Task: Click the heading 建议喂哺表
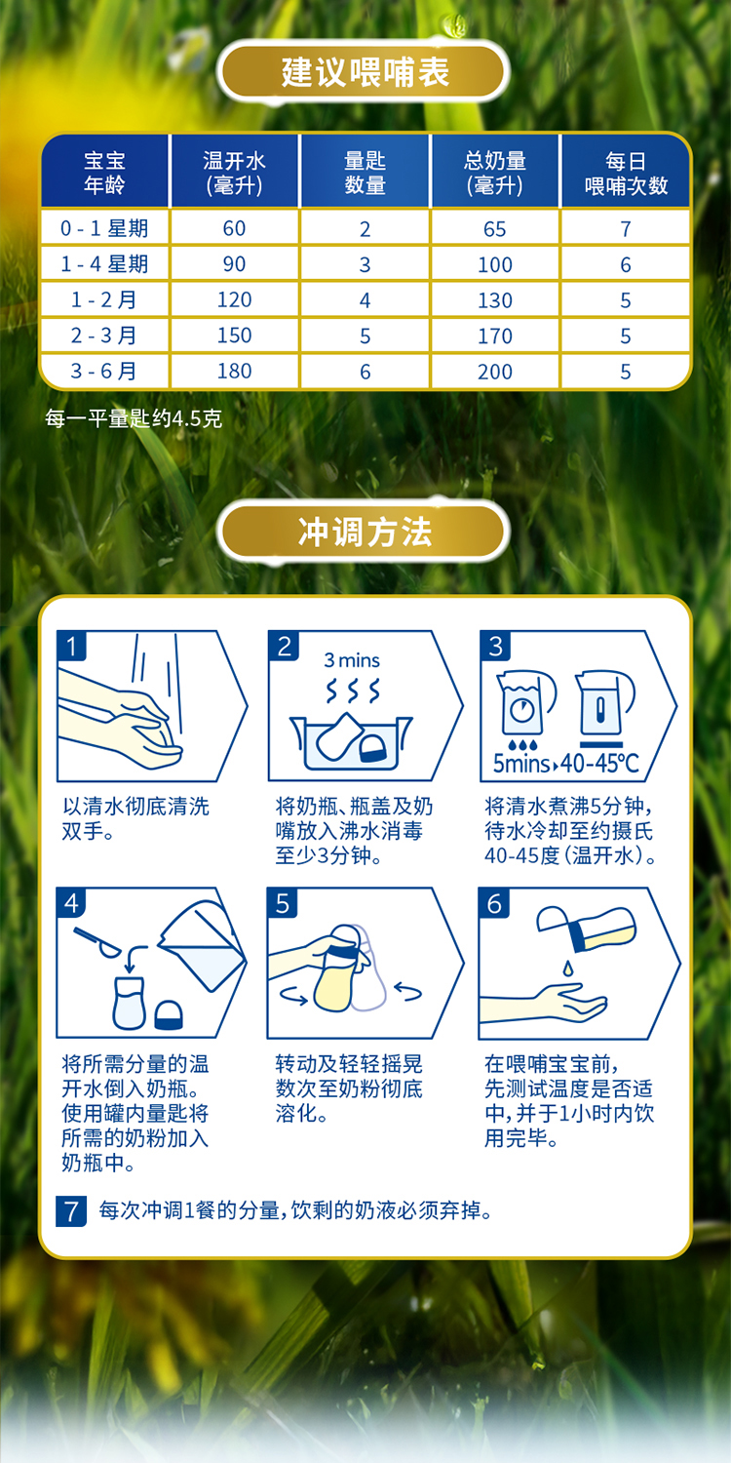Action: click(x=365, y=72)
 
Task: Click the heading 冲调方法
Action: click(x=365, y=533)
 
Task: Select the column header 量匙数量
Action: click(x=365, y=173)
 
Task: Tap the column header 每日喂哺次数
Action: click(x=626, y=173)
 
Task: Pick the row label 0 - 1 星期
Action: click(x=104, y=228)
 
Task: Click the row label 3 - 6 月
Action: click(x=104, y=371)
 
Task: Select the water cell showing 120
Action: click(x=234, y=300)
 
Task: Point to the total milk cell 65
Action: click(x=495, y=229)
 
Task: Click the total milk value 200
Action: click(x=495, y=372)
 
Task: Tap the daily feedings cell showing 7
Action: click(x=626, y=229)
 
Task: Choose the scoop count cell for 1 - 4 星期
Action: click(x=365, y=264)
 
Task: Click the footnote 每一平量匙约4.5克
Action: click(x=134, y=419)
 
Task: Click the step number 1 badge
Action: click(x=71, y=646)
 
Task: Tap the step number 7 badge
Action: click(x=71, y=1211)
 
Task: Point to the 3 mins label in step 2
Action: click(x=352, y=660)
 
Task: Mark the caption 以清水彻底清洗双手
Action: click(x=135, y=819)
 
